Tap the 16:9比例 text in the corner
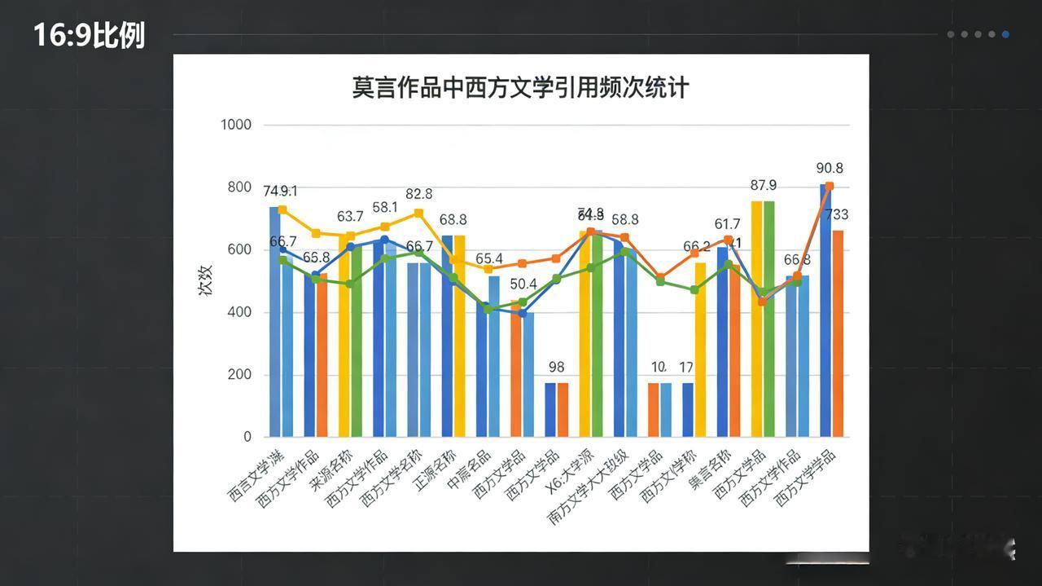coord(89,35)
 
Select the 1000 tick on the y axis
coord(236,125)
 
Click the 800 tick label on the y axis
coord(239,187)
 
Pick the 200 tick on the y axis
coord(239,375)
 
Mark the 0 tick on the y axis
coord(247,437)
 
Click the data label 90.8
coord(829,169)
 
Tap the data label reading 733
coord(836,215)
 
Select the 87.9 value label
coord(763,186)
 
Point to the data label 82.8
coord(418,194)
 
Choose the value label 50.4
coord(523,284)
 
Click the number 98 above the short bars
coord(557,368)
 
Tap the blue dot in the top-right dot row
coord(1005,34)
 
